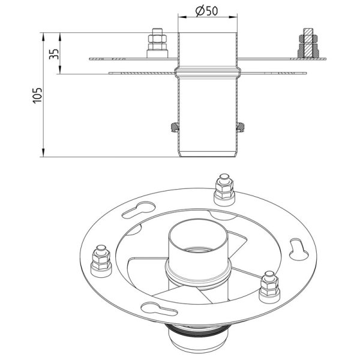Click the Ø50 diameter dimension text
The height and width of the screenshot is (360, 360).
point(207,11)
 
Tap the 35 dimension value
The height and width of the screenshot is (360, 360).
point(54,54)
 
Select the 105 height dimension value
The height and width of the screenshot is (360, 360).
point(37,95)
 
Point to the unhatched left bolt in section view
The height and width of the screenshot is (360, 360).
point(157,43)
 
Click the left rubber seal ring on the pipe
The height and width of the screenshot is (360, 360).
point(175,127)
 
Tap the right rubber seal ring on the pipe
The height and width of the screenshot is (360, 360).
point(241,127)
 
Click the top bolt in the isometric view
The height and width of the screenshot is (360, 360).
point(224,190)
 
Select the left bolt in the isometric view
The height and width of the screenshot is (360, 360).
point(101,261)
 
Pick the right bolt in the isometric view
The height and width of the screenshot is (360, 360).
point(269,287)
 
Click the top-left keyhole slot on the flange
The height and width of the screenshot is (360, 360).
point(139,210)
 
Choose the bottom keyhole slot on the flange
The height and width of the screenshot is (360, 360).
point(159,309)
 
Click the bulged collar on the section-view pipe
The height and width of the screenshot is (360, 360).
point(208,72)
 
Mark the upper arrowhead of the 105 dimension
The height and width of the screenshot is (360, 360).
point(43,37)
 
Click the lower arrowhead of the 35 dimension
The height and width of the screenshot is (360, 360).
point(59,70)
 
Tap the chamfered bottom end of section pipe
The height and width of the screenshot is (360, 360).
point(208,154)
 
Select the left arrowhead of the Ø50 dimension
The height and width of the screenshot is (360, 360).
point(182,17)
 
